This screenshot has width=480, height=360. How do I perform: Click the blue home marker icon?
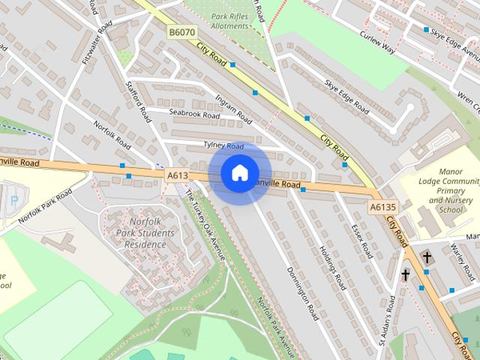[239, 173]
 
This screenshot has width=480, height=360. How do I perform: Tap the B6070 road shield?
[181, 33]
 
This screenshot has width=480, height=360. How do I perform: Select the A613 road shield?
[177, 175]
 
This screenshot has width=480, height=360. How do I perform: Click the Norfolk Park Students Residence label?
[140, 233]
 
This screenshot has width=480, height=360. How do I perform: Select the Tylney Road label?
[223, 145]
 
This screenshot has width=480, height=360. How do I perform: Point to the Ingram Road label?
[232, 109]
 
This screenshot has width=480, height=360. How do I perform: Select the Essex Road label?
[361, 240]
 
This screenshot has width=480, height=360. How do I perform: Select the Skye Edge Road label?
[346, 97]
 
